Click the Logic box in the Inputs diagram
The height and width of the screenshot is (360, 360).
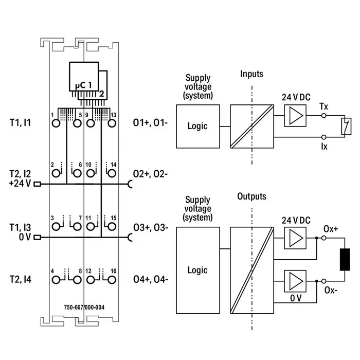197,126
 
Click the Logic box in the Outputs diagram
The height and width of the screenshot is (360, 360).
197,270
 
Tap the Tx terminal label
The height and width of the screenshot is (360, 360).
323,106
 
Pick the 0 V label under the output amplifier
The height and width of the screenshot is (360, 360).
296,298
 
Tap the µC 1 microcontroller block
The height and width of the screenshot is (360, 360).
82,83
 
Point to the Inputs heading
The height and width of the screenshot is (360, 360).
251,74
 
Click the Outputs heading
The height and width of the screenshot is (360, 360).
251,196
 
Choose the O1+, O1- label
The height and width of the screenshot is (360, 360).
150,123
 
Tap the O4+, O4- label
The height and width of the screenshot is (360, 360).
150,280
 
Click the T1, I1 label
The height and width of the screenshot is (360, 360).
21,123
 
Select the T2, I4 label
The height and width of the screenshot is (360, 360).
21,280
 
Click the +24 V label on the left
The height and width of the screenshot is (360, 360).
20,183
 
